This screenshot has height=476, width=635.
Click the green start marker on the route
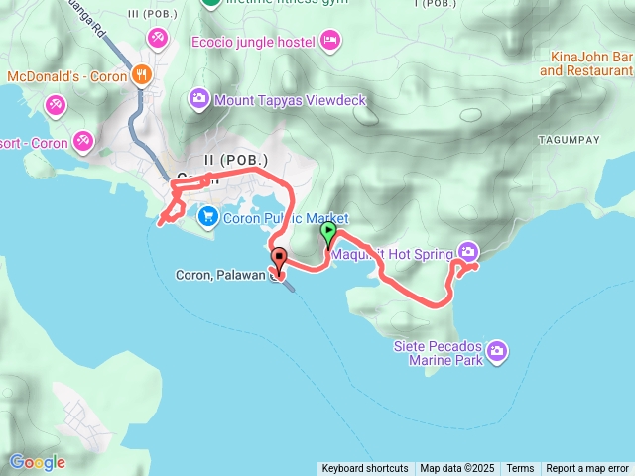point(328,234)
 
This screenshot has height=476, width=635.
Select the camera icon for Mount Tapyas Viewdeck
point(198,99)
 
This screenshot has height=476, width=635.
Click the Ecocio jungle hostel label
point(253,42)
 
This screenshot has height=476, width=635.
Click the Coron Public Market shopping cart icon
point(207,215)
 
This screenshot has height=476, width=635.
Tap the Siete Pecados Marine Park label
point(438,353)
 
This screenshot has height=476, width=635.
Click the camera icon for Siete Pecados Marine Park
point(497,350)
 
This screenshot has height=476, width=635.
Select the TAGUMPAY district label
point(569,141)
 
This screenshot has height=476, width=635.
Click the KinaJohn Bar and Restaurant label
point(586,64)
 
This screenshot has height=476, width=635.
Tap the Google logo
point(37,462)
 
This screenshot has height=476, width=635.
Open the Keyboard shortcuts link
point(364,469)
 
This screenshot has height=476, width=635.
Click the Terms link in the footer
point(520,469)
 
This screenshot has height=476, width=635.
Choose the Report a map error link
point(587,469)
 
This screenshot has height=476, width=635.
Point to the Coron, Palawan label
point(221,275)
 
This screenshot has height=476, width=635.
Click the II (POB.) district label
point(236,160)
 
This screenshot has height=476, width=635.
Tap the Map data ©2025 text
point(456,469)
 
